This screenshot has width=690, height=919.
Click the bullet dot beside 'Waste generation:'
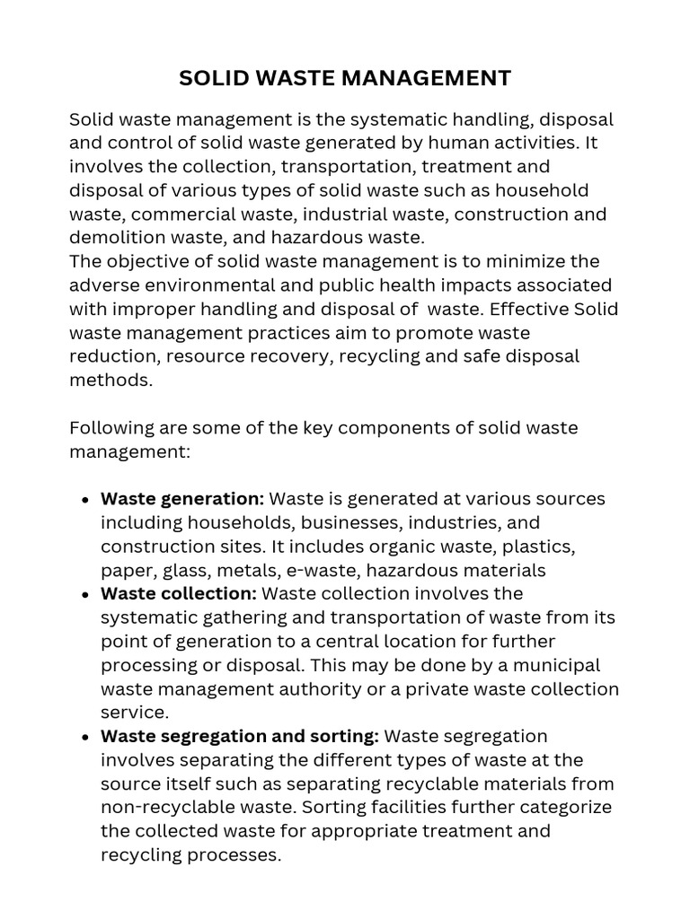click(x=84, y=500)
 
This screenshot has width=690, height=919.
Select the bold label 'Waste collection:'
click(x=179, y=594)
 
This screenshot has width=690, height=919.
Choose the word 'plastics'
click(x=538, y=547)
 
